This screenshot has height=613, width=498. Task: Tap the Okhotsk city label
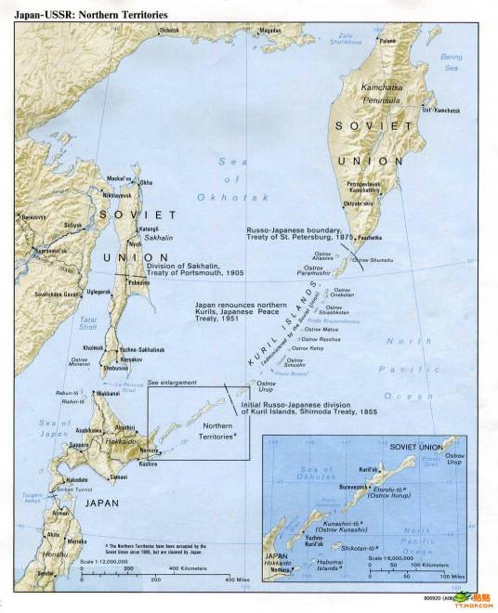pyautogui.click(x=168, y=32)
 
